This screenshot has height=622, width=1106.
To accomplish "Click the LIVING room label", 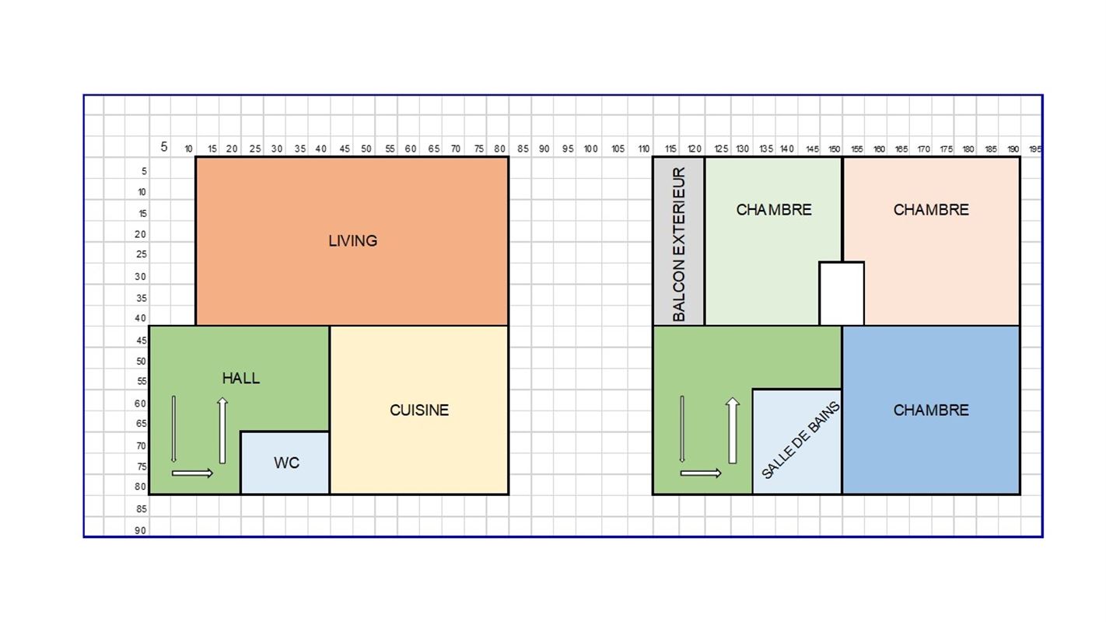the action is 352,241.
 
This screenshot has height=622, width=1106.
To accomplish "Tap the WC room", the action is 285,463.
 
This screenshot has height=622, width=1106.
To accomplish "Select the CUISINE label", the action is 419,411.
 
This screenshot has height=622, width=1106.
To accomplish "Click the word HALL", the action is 240,378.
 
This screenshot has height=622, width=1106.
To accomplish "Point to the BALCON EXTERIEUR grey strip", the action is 679,241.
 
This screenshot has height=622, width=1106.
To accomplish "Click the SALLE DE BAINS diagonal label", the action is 800,440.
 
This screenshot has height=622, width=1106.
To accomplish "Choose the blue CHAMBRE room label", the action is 931,411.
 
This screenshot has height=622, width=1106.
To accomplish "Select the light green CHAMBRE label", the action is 774,210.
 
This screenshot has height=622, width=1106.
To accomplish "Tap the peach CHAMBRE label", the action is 931,210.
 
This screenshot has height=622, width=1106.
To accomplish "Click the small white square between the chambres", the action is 842,294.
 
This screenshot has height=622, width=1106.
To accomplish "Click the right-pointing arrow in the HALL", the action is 193,473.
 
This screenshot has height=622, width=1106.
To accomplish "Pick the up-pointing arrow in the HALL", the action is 222,431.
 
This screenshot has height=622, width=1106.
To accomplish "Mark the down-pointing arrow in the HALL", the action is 173,429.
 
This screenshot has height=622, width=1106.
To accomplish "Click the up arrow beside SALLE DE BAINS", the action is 733,431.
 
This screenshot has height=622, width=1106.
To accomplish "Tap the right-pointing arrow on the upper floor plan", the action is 701,473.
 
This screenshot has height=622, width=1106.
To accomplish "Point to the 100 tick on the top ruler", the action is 591,149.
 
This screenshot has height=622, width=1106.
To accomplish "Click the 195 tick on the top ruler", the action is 1035,149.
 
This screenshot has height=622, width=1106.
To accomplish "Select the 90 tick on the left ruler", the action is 141,531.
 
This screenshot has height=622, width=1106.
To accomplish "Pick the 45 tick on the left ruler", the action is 142,341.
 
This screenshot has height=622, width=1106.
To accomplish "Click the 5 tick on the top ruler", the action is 164,147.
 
